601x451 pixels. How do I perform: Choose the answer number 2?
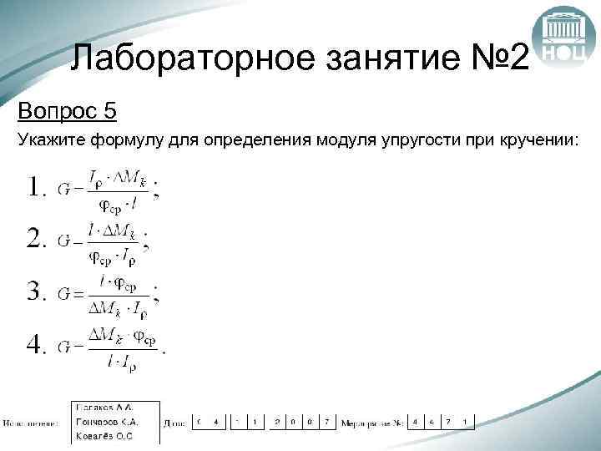pyautogui.click(x=36, y=240)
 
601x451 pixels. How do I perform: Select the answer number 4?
pyautogui.click(x=36, y=345)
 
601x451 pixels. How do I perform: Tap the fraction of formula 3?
pyautogui.click(x=118, y=296)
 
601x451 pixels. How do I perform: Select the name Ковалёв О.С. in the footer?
pyautogui.click(x=105, y=435)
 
